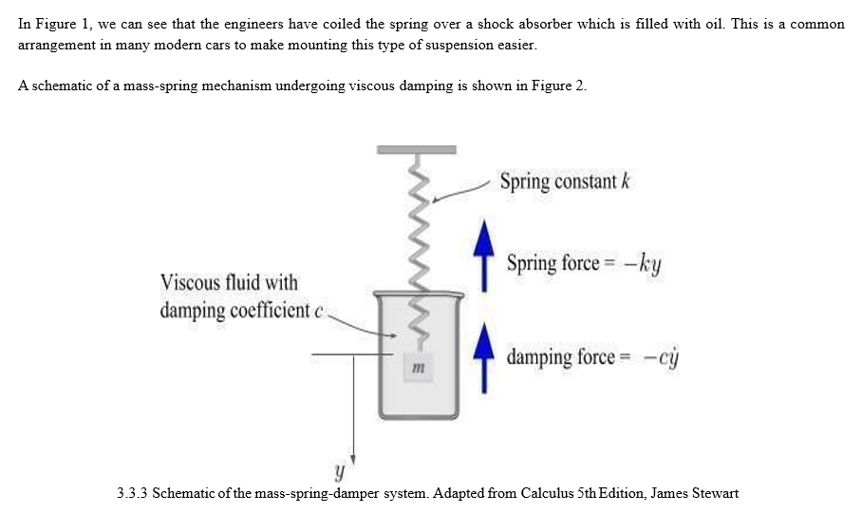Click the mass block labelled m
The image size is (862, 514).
418,367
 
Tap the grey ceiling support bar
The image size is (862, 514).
416,150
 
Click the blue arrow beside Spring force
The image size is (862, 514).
484,256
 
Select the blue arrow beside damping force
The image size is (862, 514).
484,357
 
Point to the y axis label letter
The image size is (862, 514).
340,472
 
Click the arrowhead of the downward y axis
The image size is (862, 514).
353,460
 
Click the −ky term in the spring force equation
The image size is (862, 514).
643,265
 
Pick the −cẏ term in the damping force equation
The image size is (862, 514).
662,358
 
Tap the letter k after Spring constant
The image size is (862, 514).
625,181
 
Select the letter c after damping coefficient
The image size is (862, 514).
318,312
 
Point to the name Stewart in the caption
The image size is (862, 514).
715,493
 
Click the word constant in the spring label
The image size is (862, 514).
586,181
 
